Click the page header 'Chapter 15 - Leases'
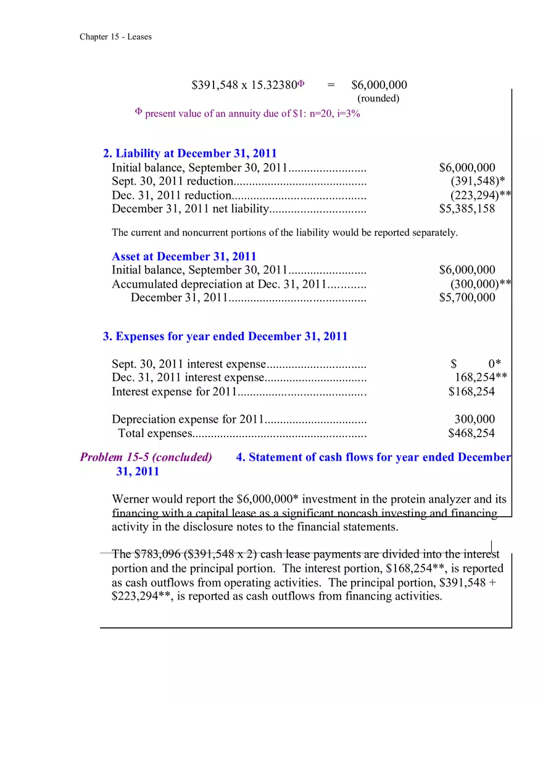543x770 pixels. click(x=115, y=37)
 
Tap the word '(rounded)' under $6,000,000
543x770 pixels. click(x=378, y=98)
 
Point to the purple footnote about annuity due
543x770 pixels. click(x=247, y=114)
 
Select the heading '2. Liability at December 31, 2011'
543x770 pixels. click(x=190, y=154)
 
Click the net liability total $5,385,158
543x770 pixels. click(x=466, y=209)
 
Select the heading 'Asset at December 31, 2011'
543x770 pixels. click(x=184, y=256)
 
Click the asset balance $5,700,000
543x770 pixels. click(x=466, y=298)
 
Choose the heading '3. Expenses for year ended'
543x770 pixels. click(x=225, y=337)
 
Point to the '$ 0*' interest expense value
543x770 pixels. click(x=476, y=364)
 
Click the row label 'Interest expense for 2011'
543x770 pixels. click(x=174, y=391)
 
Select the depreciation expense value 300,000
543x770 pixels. click(x=474, y=420)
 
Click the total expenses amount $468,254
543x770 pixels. click(x=471, y=433)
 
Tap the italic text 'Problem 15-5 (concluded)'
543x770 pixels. click(x=146, y=458)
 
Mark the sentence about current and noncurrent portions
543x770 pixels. click(x=284, y=233)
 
